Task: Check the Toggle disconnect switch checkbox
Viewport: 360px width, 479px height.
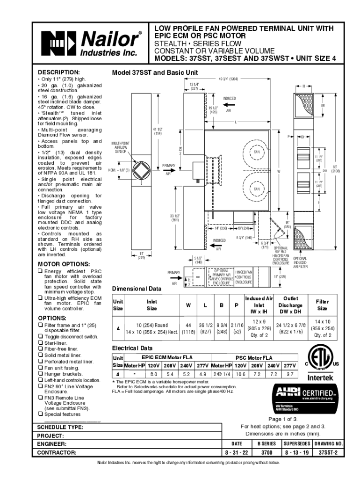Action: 40,337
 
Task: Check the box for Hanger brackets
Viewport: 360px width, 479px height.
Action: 40,374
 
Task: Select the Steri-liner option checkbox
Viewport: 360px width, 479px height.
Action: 40,343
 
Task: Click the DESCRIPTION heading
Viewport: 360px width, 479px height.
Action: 59,73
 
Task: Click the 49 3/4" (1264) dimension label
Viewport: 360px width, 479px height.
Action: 228,79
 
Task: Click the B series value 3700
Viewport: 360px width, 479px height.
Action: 266,453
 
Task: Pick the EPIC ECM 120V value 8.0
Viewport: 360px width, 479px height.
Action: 153,375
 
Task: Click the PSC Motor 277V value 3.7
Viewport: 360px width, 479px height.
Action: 289,375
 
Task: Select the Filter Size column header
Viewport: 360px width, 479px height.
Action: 322,305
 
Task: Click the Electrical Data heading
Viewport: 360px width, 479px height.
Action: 132,348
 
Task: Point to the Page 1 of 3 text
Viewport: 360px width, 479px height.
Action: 283,419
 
